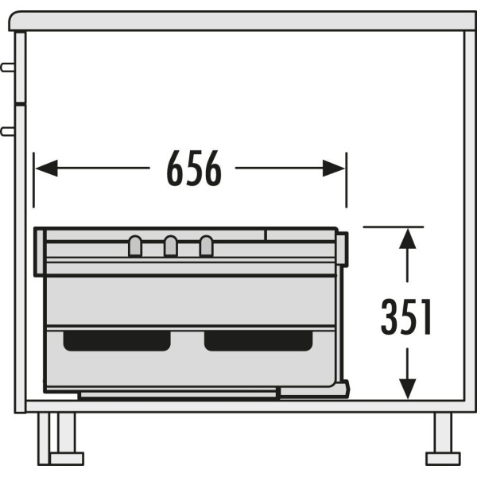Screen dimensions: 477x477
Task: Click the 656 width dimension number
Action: pos(194,168)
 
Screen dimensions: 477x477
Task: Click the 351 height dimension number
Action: pos(406,316)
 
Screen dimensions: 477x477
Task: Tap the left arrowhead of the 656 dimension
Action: pos(47,168)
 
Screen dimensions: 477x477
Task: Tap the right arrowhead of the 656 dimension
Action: pos(334,168)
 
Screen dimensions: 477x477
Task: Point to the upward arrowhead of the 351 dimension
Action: pos(407,238)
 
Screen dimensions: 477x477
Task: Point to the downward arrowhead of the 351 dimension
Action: pos(407,389)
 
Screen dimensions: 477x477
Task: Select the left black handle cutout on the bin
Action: pos(117,341)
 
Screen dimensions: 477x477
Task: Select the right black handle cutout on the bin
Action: pos(258,341)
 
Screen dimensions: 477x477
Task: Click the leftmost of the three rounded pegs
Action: pos(135,246)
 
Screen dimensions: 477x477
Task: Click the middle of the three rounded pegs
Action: pos(171,246)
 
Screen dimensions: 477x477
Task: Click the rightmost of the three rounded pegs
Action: pos(206,246)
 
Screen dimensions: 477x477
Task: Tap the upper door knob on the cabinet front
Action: pos(8,68)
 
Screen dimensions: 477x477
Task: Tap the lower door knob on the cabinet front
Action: pos(8,132)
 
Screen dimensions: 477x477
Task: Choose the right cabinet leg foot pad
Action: pos(443,459)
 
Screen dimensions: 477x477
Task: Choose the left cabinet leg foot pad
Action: pos(67,459)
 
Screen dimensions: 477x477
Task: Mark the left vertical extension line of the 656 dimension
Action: pos(33,180)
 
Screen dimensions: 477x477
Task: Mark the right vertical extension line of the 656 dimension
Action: pos(347,180)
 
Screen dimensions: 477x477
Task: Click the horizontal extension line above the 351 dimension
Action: pos(393,227)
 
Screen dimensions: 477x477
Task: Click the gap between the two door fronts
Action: pos(20,103)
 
